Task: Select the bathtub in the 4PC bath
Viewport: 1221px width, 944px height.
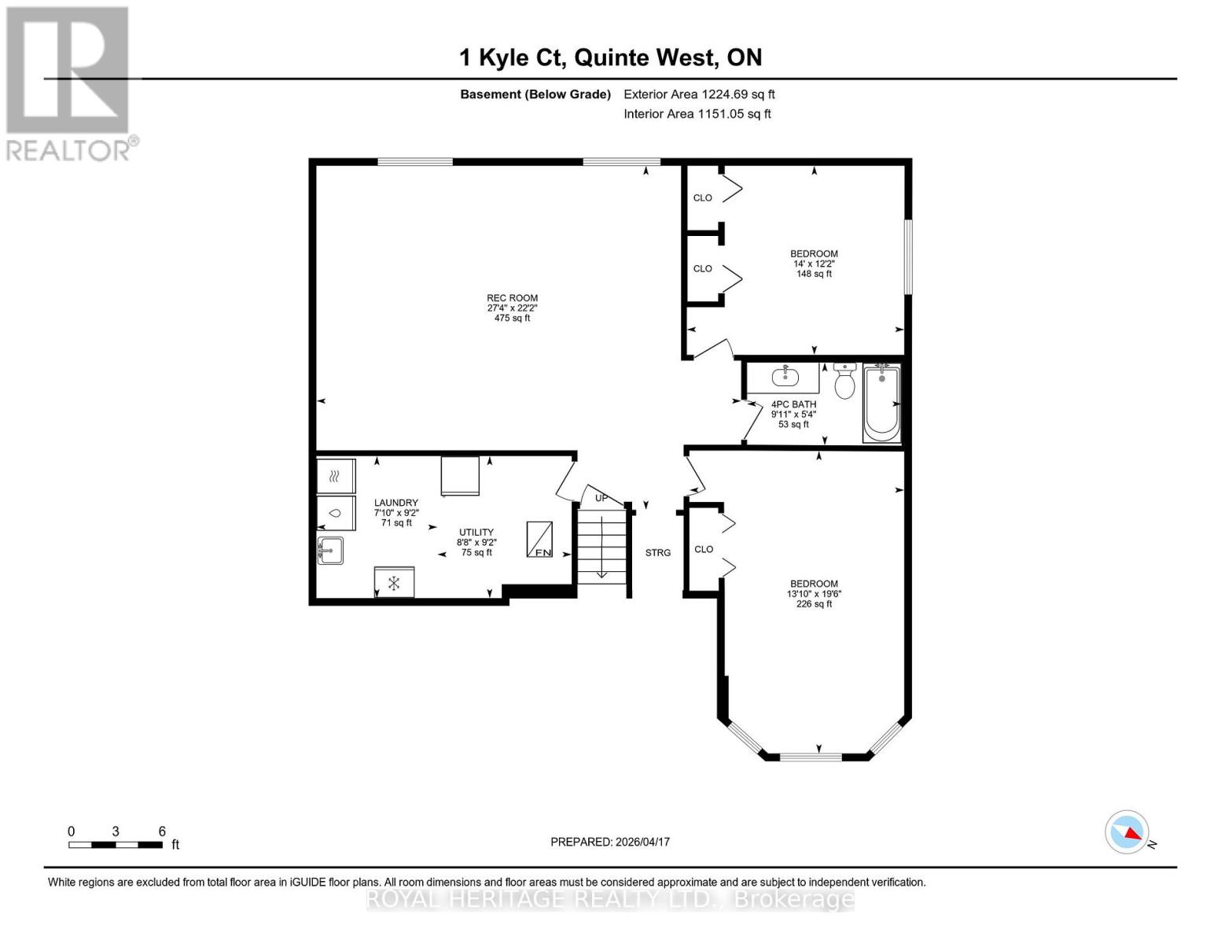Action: tap(881, 403)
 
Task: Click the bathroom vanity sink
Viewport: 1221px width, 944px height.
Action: tap(785, 378)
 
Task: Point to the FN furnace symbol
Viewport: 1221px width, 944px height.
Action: tap(539, 540)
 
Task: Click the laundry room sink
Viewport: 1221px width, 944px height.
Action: tap(330, 550)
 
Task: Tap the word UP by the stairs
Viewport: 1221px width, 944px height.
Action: tap(601, 498)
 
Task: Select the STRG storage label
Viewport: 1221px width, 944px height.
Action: tap(658, 553)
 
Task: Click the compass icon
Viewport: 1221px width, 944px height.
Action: tap(1127, 832)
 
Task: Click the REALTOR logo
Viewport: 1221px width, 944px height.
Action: tap(70, 83)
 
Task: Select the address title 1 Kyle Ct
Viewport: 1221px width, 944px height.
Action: tap(610, 57)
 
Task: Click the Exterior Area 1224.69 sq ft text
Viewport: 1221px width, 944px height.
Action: tap(699, 94)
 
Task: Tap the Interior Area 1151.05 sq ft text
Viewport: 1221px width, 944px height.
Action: tap(697, 114)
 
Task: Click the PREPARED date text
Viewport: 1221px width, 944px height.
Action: tap(610, 842)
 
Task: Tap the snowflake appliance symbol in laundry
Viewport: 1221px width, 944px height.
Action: tap(394, 583)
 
